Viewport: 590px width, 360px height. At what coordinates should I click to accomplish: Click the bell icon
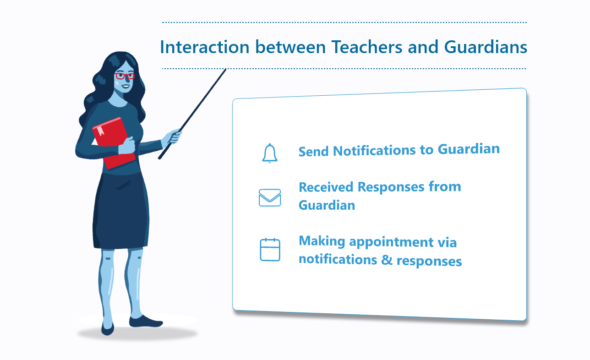[x=270, y=153]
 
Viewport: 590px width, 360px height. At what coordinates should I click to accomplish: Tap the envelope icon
[x=270, y=197]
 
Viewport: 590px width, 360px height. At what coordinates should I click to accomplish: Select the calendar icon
[x=270, y=250]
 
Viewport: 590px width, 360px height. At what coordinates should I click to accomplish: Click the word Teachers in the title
[x=367, y=47]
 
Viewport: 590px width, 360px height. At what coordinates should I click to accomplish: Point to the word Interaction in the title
[x=205, y=47]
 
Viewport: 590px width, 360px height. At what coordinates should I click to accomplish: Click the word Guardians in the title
[x=486, y=47]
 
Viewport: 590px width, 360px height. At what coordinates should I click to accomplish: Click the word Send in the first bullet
[x=313, y=152]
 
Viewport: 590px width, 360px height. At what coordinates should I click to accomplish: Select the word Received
[x=326, y=187]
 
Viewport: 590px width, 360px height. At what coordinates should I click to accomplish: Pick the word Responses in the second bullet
[x=391, y=187]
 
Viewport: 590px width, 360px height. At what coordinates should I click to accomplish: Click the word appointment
[x=391, y=242]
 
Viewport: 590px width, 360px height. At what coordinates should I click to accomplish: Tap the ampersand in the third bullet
[x=387, y=260]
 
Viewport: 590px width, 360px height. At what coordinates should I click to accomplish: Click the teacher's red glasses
[x=125, y=76]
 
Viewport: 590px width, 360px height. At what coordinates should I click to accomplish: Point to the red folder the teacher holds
[x=114, y=143]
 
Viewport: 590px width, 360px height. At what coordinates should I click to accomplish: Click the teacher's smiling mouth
[x=125, y=86]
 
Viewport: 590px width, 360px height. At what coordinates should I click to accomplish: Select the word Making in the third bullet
[x=322, y=241]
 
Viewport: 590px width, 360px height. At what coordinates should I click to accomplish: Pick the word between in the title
[x=290, y=47]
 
